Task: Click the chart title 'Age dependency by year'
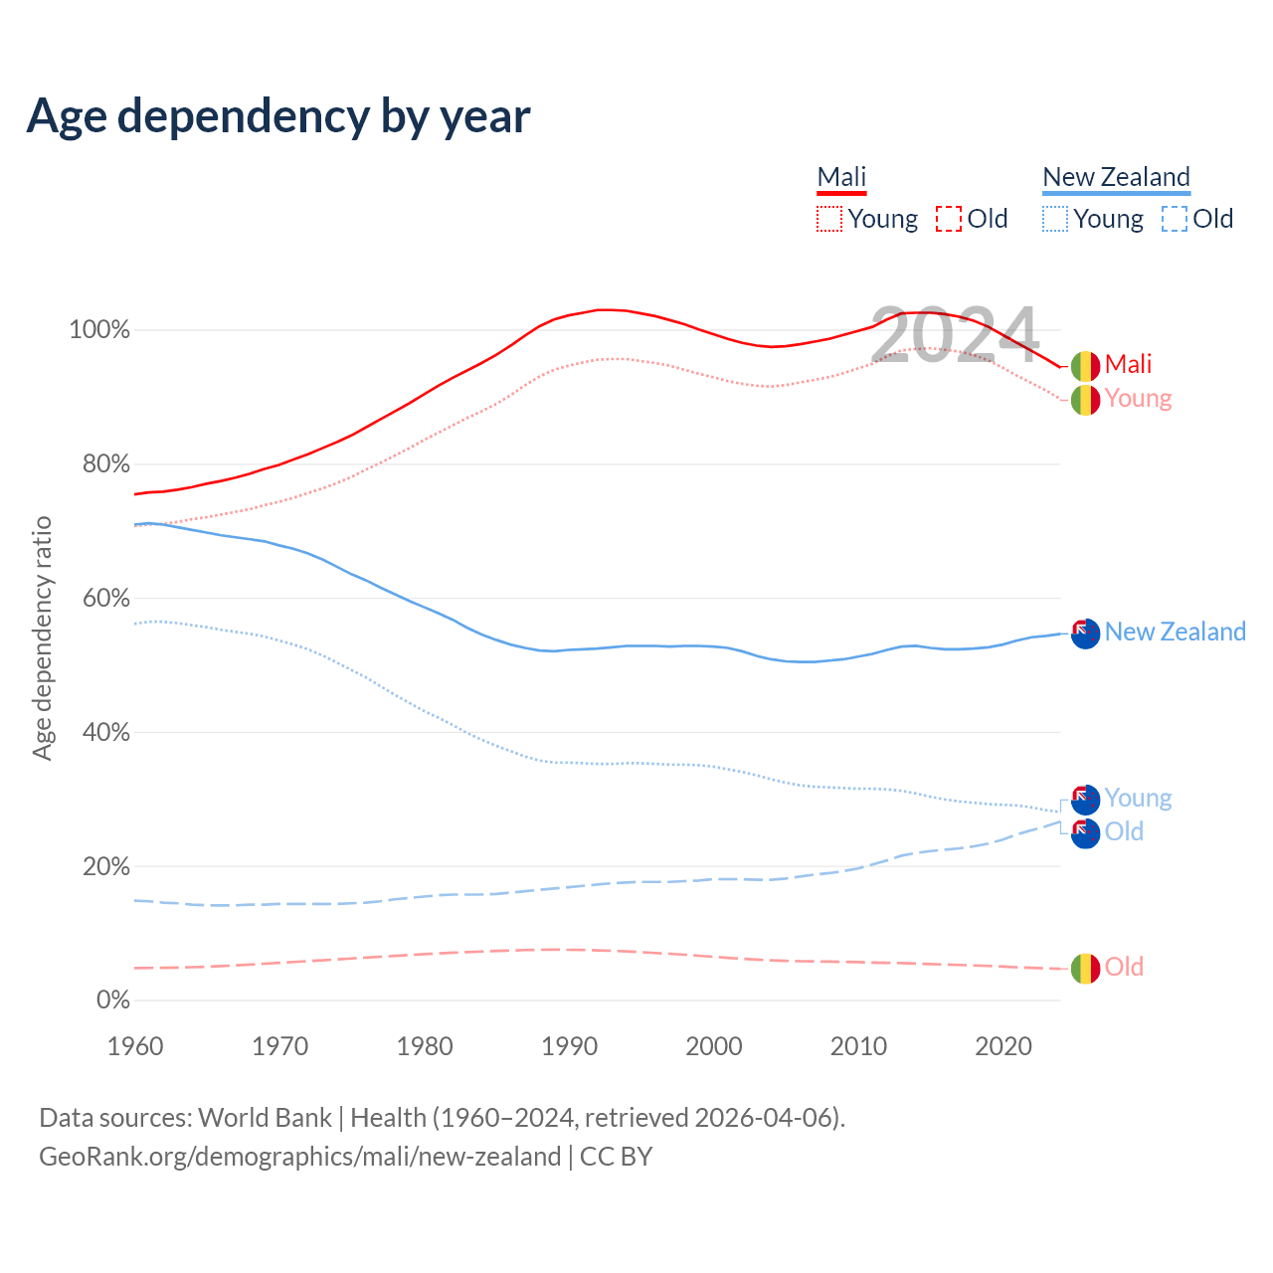[x=278, y=116]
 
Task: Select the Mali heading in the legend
[x=841, y=177]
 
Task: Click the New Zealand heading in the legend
[x=1116, y=177]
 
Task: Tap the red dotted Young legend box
[x=829, y=219]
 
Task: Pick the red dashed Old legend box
[x=949, y=219]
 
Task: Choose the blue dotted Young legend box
[x=1055, y=219]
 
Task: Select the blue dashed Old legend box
[x=1175, y=219]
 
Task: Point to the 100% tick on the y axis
[x=99, y=330]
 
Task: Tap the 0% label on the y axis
[x=112, y=1000]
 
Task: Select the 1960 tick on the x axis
[x=135, y=1046]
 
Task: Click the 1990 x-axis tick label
[x=570, y=1046]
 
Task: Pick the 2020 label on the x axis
[x=1003, y=1046]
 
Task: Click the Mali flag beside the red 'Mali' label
[x=1085, y=366]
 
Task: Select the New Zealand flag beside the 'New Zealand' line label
[x=1085, y=633]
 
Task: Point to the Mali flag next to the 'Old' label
[x=1085, y=968]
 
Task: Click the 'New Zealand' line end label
[x=1175, y=633]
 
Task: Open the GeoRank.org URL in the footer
[x=299, y=1157]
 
